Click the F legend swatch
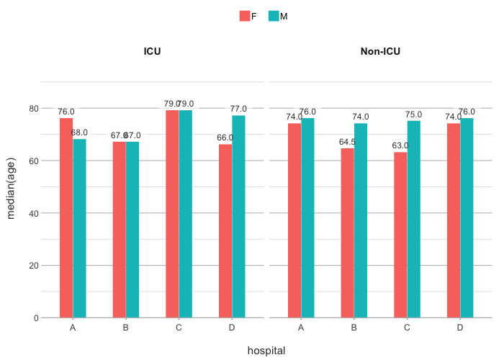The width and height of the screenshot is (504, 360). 245,17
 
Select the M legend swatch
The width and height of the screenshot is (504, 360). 274,17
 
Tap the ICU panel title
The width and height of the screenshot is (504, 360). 152,51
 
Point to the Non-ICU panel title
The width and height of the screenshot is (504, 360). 380,51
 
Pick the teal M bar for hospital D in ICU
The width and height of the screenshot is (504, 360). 238,216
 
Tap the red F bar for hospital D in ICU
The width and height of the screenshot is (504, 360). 225,230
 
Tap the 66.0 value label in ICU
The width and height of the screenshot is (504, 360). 226,138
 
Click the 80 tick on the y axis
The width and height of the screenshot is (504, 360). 33,108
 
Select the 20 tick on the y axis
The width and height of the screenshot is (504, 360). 33,265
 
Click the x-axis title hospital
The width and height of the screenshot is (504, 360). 266,351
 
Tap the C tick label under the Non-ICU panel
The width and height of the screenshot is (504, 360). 407,328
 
